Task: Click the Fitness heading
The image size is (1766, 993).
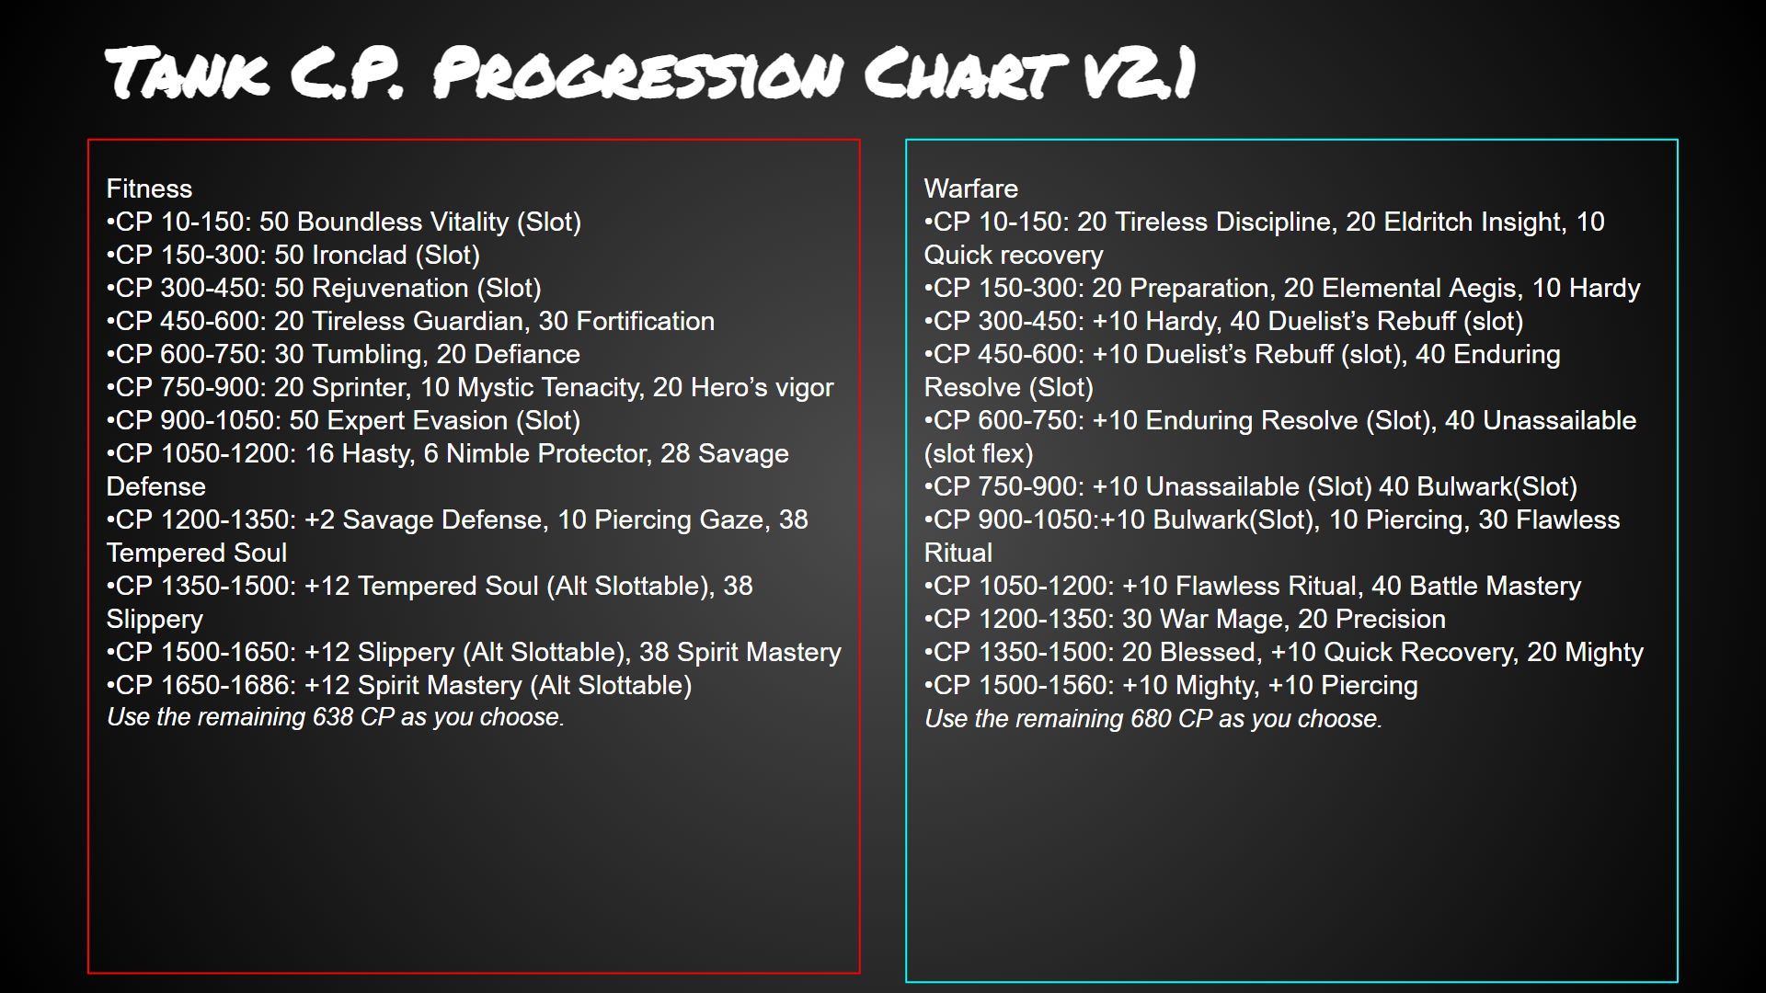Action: point(149,188)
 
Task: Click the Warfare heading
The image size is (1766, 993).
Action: point(970,188)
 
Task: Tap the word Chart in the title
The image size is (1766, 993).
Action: point(965,73)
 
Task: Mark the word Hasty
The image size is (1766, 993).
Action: point(378,454)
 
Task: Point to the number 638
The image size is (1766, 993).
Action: point(333,717)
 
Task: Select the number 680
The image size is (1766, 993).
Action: point(1151,719)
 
